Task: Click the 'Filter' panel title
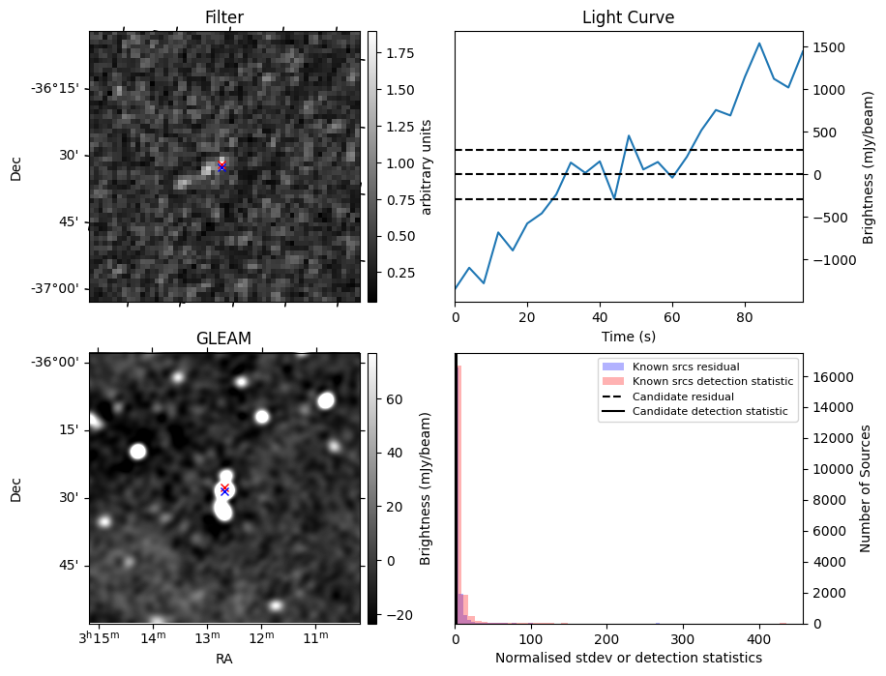pyautogui.click(x=224, y=17)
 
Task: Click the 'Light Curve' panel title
pyautogui.click(x=628, y=17)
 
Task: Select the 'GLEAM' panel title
pyautogui.click(x=223, y=338)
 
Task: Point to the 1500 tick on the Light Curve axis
pyautogui.click(x=833, y=47)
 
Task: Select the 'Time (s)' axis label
pyautogui.click(x=628, y=336)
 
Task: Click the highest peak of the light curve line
pyautogui.click(x=759, y=43)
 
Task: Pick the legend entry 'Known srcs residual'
pyautogui.click(x=685, y=367)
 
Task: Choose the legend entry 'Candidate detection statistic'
pyautogui.click(x=710, y=412)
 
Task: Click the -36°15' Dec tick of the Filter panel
pyautogui.click(x=58, y=88)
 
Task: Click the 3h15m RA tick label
pyautogui.click(x=100, y=638)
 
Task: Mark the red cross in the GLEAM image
pyautogui.click(x=224, y=487)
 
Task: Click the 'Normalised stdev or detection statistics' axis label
pyautogui.click(x=628, y=658)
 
